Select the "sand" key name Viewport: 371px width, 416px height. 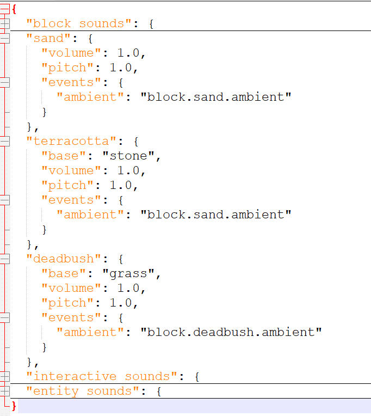pos(48,38)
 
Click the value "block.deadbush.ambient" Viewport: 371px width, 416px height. pos(231,332)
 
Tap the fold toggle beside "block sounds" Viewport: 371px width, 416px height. pos(5,23)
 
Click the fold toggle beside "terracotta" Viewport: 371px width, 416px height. pos(5,141)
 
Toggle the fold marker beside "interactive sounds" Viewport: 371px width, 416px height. pos(5,376)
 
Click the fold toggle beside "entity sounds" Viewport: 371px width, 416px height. pos(5,391)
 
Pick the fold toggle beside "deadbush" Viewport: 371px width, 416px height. pos(5,259)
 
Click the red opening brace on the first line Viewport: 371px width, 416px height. pos(14,9)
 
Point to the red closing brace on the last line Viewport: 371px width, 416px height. pos(14,406)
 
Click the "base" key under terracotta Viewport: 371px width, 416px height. pos(64,156)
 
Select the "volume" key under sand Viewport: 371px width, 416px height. pos(71,53)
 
